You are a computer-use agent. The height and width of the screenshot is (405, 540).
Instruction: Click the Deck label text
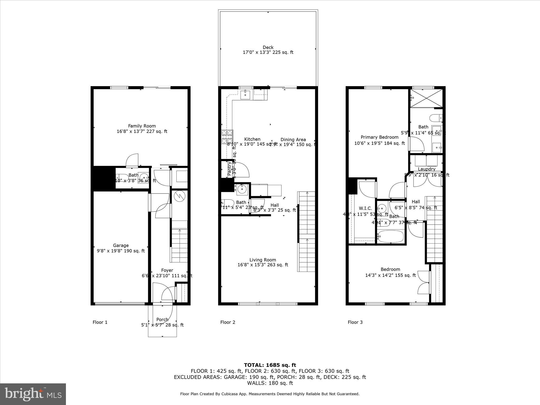click(x=268, y=47)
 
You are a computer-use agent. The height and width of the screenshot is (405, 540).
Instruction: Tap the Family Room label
click(x=142, y=126)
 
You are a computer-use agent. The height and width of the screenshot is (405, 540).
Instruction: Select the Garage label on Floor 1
click(x=121, y=245)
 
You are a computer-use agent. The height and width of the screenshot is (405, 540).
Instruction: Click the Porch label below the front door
click(x=162, y=320)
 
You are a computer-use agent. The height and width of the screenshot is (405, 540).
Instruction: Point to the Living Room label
click(x=263, y=260)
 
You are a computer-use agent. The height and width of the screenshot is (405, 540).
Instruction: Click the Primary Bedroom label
click(x=379, y=137)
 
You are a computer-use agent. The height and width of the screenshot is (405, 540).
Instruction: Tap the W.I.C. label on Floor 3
click(x=365, y=208)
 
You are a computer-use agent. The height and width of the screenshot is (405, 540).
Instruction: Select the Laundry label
click(x=426, y=169)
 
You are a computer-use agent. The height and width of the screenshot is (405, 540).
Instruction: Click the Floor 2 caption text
click(x=228, y=322)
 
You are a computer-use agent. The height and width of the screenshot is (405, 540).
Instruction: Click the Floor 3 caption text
click(x=355, y=322)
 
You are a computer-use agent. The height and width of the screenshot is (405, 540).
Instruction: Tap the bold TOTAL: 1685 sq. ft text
click(x=270, y=365)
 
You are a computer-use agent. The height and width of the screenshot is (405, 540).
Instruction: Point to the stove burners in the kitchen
click(x=227, y=137)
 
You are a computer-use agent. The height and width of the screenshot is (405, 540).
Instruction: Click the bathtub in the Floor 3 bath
click(x=390, y=237)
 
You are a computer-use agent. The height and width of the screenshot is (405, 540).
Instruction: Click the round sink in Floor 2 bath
click(x=242, y=189)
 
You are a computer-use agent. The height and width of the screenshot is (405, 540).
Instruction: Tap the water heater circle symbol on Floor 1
click(x=180, y=196)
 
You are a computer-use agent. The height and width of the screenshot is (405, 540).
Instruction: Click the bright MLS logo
click(x=33, y=394)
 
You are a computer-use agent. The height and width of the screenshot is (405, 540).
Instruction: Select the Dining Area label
click(x=293, y=140)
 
